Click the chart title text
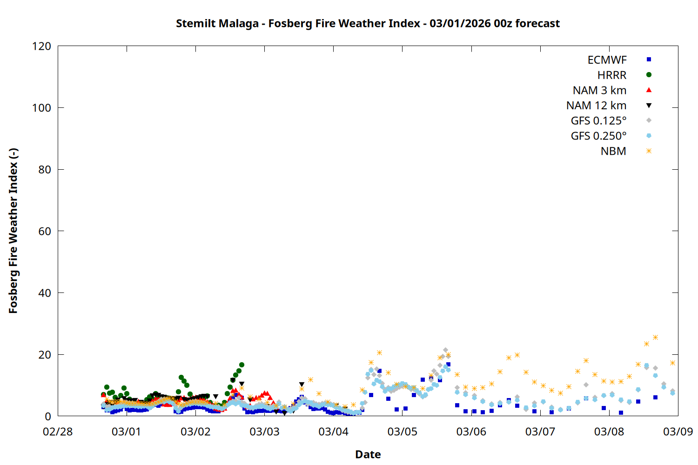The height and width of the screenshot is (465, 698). pyautogui.click(x=368, y=23)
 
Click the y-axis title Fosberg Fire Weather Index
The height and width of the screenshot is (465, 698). pyautogui.click(x=13, y=231)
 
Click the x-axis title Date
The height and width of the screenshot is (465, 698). pyautogui.click(x=368, y=454)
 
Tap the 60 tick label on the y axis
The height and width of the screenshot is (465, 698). pyautogui.click(x=45, y=231)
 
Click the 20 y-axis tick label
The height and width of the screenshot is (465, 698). pyautogui.click(x=45, y=355)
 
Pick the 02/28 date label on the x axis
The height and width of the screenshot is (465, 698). pyautogui.click(x=58, y=432)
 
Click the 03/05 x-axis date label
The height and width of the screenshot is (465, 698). pyautogui.click(x=403, y=432)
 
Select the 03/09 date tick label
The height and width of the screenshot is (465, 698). pyautogui.click(x=678, y=432)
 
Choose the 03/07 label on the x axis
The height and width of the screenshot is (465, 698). pyautogui.click(x=540, y=432)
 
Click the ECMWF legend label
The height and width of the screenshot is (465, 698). pyautogui.click(x=607, y=60)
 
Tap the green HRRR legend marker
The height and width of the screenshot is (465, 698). pyautogui.click(x=649, y=75)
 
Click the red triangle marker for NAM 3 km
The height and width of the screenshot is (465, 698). pyautogui.click(x=649, y=90)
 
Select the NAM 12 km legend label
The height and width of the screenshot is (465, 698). pyautogui.click(x=596, y=106)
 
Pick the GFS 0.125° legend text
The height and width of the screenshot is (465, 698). pyautogui.click(x=598, y=121)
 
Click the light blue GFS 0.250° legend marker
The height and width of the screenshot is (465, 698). pyautogui.click(x=649, y=136)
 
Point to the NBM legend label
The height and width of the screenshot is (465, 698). pyautogui.click(x=613, y=151)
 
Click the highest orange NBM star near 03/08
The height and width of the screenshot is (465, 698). pyautogui.click(x=655, y=337)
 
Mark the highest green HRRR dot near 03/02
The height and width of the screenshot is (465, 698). pyautogui.click(x=242, y=365)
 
